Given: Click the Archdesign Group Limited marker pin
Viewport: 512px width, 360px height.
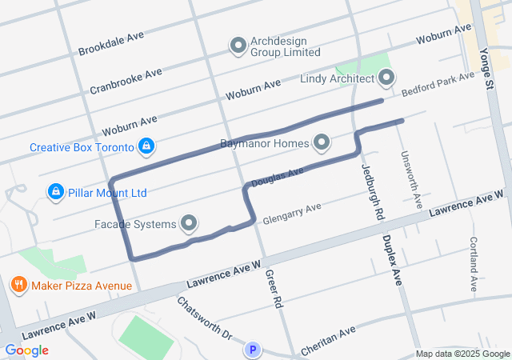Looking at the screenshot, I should [x=238, y=46].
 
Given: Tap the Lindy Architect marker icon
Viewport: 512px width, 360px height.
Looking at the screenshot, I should [x=386, y=78].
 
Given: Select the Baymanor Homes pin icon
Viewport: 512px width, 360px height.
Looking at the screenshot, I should [x=322, y=143].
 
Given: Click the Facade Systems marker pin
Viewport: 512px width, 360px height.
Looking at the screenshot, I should [x=190, y=222].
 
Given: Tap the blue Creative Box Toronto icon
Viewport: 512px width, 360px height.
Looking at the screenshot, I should [x=146, y=146].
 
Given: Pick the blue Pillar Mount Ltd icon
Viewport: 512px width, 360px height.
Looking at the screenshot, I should [x=55, y=192].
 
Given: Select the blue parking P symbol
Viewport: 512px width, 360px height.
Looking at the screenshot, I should [x=253, y=350].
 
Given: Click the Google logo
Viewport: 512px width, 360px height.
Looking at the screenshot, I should [x=26, y=350].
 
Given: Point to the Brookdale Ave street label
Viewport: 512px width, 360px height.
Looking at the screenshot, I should [x=111, y=44].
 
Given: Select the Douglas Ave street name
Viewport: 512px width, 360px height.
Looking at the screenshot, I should [x=278, y=178].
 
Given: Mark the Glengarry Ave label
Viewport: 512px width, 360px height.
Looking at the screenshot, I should [x=291, y=212].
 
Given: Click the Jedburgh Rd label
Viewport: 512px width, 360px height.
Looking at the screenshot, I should [x=368, y=192].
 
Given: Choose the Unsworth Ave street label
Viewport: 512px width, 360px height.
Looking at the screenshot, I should [x=412, y=180].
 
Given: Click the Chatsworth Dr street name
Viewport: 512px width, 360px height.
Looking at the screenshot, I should [x=204, y=318].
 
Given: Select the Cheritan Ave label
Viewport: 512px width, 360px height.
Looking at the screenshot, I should [x=328, y=342].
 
